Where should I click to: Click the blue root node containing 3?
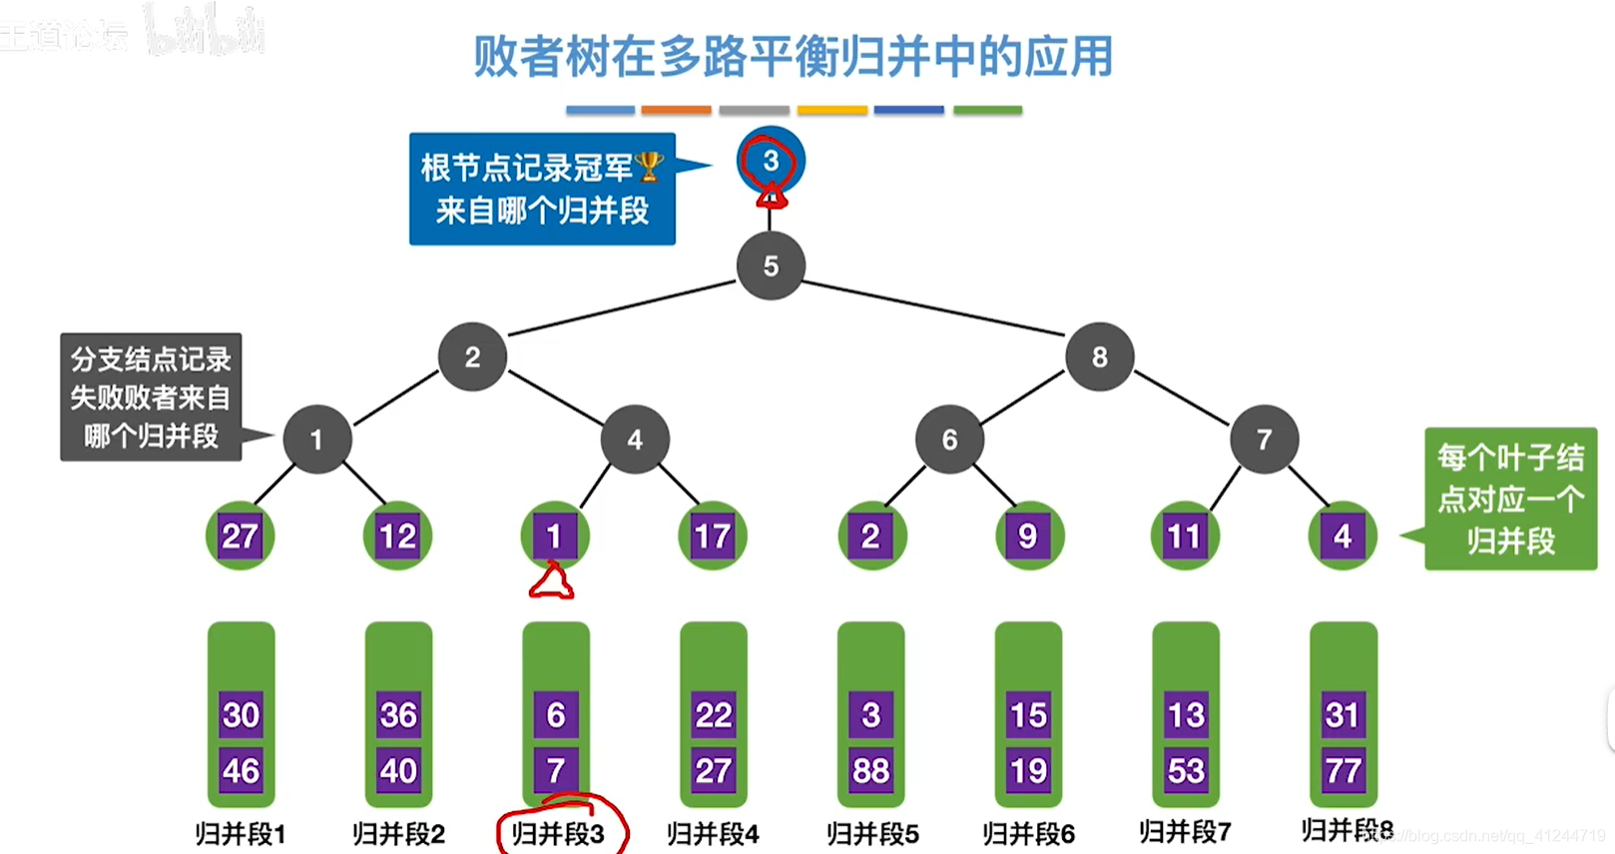(771, 161)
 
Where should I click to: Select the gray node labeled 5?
(771, 266)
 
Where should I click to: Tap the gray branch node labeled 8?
(1099, 356)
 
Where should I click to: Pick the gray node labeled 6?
(949, 439)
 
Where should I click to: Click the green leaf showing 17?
(713, 537)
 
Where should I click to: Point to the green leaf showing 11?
(1185, 537)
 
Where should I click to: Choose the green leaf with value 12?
(397, 537)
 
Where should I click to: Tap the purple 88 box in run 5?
(870, 770)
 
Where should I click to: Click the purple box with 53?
(1186, 770)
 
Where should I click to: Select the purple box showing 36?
(397, 714)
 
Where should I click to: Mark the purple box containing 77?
(1343, 770)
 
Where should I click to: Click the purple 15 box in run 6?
(1028, 714)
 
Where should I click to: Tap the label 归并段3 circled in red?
(558, 833)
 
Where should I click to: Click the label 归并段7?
(1185, 831)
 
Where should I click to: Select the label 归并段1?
(241, 833)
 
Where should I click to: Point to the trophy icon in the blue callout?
(649, 167)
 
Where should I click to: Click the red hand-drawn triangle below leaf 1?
(551, 583)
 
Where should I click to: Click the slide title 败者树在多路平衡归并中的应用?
(793, 57)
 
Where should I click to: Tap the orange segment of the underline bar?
(676, 110)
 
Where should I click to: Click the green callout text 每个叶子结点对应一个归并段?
(1510, 499)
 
